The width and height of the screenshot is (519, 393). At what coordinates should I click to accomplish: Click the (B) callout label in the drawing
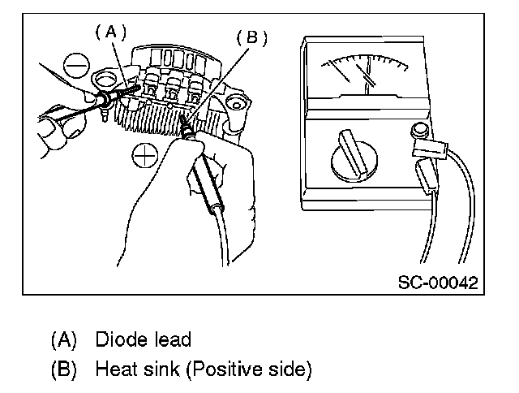point(251,38)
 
